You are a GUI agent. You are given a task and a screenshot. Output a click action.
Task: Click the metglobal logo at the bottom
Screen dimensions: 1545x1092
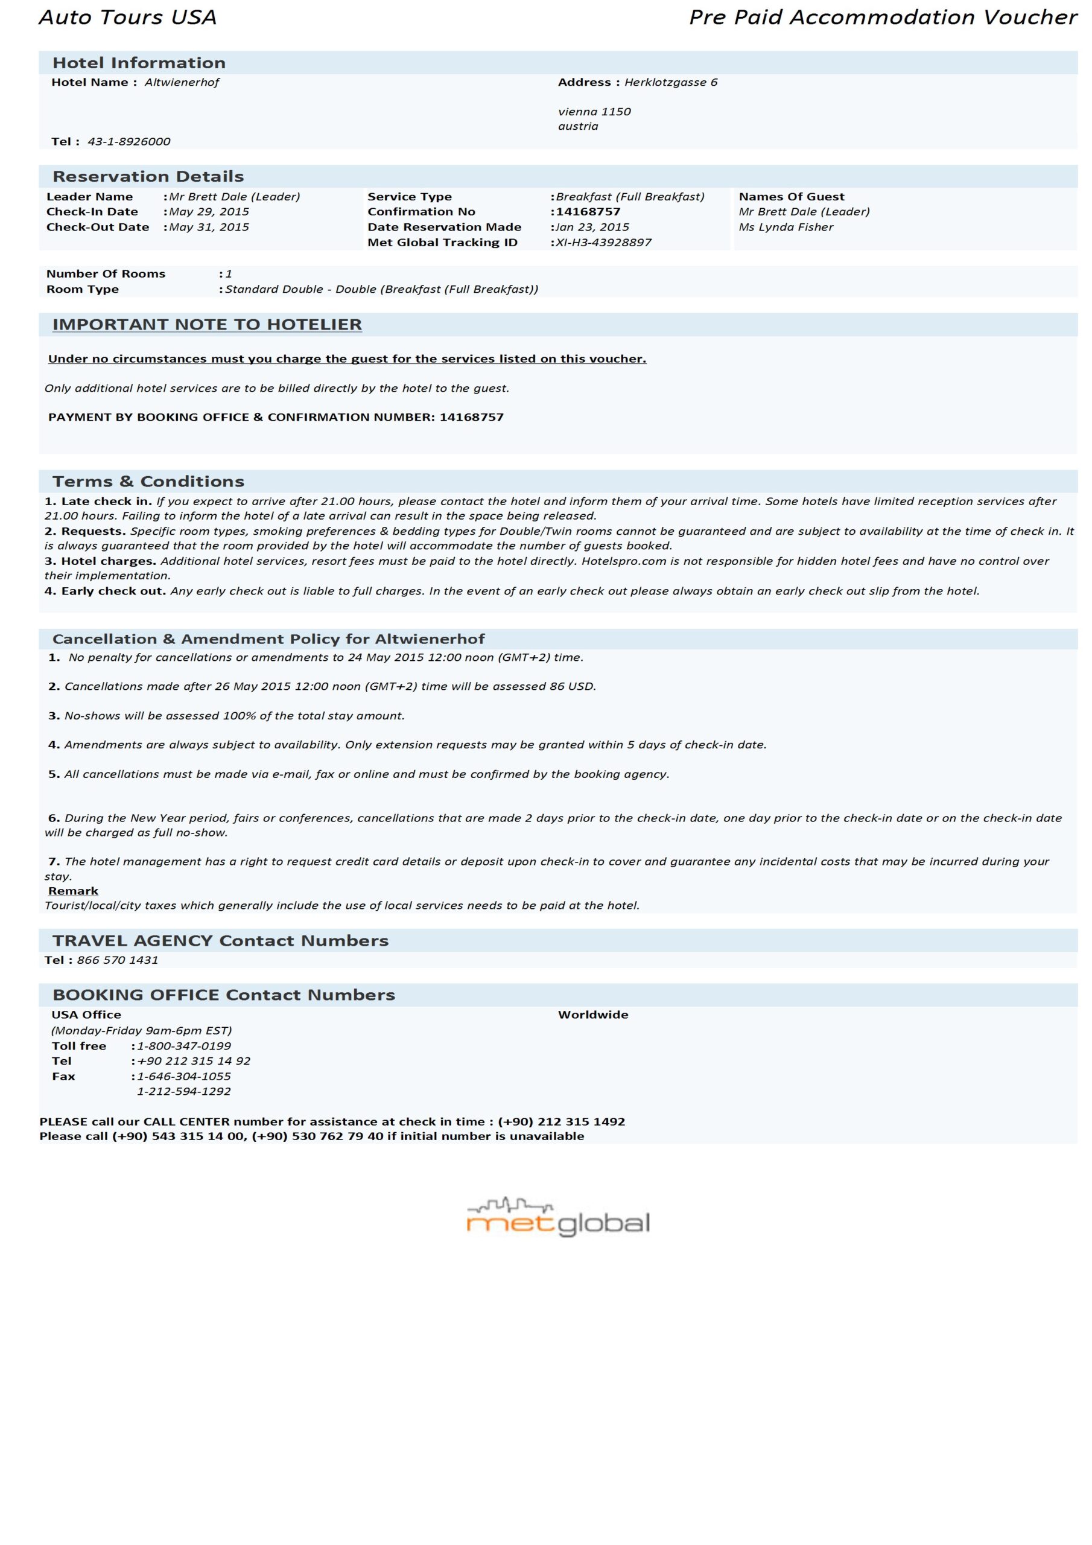pos(558,1218)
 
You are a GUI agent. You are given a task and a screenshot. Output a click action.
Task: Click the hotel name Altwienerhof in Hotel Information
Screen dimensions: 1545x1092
pos(182,82)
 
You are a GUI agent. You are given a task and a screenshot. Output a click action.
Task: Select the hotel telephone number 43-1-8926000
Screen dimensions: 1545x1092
pos(129,141)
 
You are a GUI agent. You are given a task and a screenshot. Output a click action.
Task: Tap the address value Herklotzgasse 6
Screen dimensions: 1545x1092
pos(670,82)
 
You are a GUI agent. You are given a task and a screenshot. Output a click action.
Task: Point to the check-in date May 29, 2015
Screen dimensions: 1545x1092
pos(209,211)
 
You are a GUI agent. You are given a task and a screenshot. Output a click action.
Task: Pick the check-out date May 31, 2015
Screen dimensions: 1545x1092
pos(209,227)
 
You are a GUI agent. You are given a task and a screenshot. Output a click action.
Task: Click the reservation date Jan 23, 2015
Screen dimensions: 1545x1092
pos(592,227)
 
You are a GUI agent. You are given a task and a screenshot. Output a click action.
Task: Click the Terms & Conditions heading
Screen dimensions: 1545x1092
pos(148,481)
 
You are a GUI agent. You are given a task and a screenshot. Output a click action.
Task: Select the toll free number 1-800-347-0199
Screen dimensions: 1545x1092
pos(183,1046)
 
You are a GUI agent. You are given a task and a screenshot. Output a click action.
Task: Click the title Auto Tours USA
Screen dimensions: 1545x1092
pos(128,17)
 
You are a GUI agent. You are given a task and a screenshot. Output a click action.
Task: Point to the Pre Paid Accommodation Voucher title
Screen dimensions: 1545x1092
pos(883,17)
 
